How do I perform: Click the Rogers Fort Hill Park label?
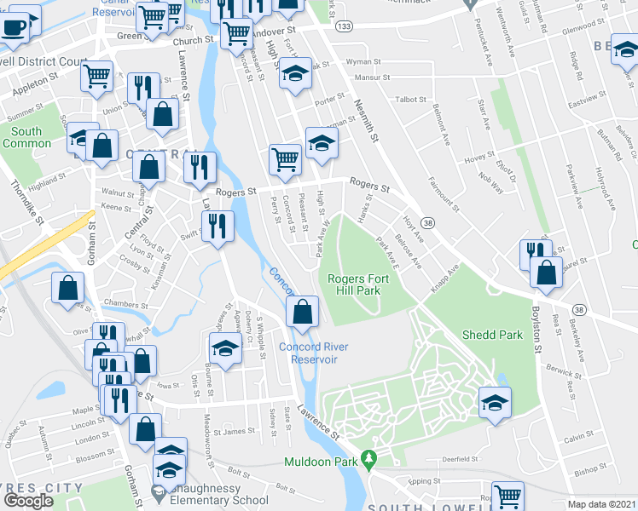(354, 284)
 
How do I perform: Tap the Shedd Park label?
(492, 335)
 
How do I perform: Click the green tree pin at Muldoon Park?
(368, 461)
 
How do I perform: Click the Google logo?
(29, 500)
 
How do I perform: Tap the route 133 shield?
(344, 27)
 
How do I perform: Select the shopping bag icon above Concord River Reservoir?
(302, 312)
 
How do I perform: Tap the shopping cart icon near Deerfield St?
(508, 495)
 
